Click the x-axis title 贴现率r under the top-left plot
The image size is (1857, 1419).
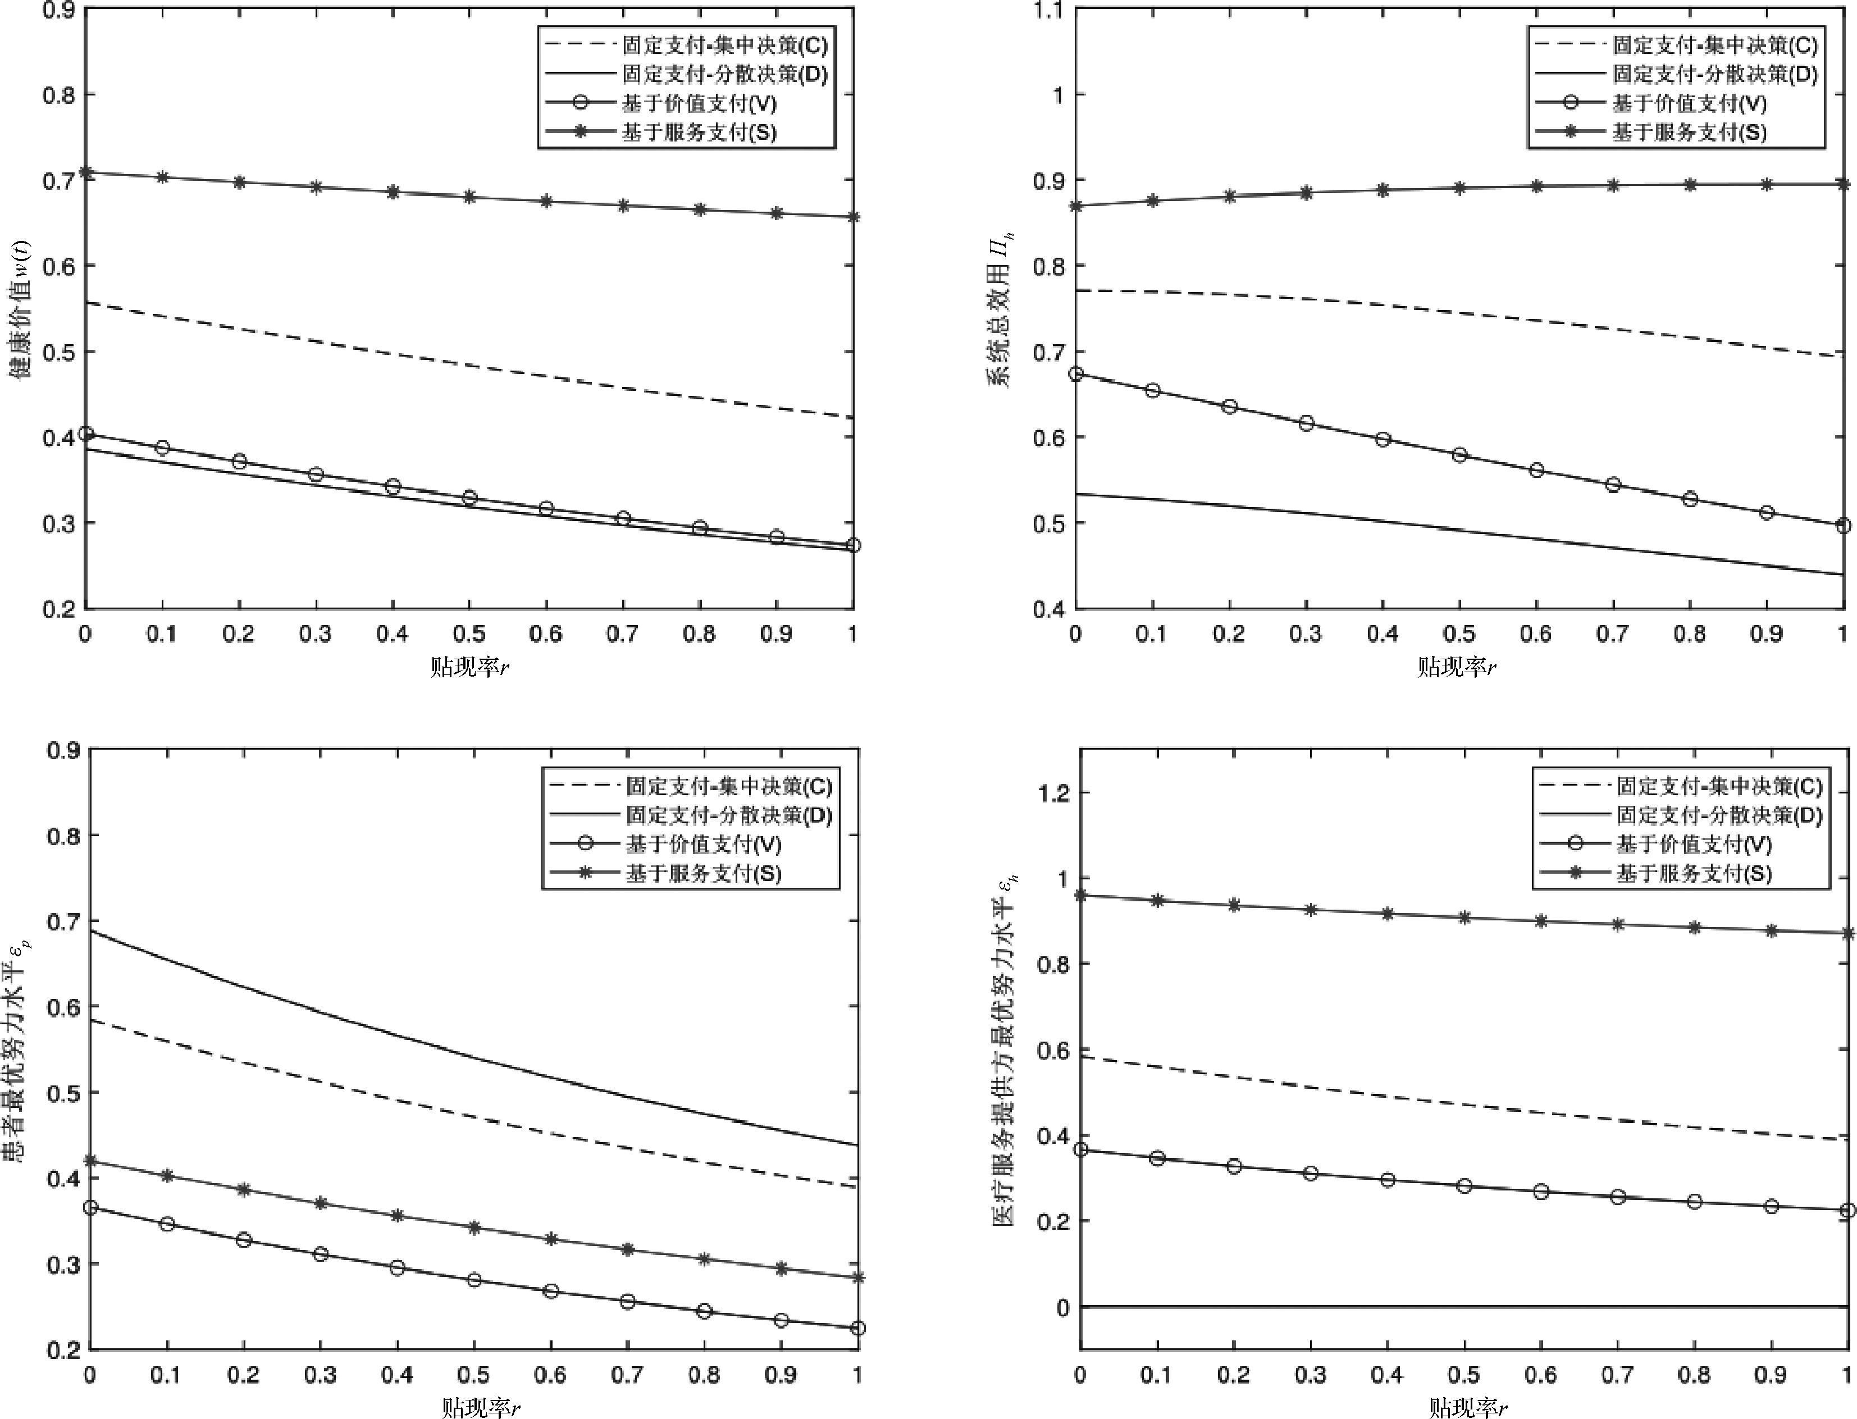coord(469,667)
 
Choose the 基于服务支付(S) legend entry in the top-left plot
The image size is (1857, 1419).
coord(699,133)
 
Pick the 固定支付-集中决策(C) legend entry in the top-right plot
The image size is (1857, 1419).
coord(1714,45)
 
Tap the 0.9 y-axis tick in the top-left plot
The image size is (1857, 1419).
coord(58,10)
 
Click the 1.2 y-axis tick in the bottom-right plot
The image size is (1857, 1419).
coord(1051,792)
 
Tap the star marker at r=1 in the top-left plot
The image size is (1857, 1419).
coord(853,217)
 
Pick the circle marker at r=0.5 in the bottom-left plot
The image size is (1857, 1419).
coord(474,1280)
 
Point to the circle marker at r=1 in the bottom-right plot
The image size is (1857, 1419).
coord(1847,1210)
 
